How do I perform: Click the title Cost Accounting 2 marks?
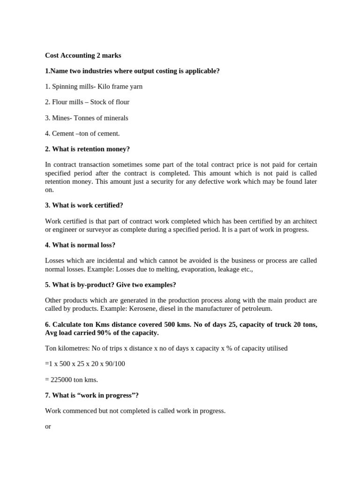pyautogui.click(x=83, y=55)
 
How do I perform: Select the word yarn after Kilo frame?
pyautogui.click(x=136, y=86)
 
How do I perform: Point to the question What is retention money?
pyautogui.click(x=87, y=149)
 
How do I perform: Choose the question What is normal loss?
pyautogui.click(x=80, y=245)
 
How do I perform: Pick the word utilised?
pyautogui.click(x=275, y=348)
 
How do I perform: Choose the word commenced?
pyautogui.click(x=78, y=411)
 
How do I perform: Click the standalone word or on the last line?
pyautogui.click(x=48, y=427)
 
